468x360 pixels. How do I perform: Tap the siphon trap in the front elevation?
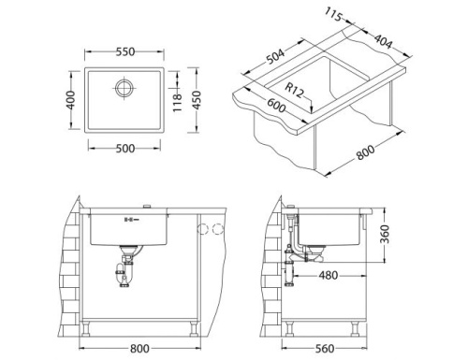coord(122,275)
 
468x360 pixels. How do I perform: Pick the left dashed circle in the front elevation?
coord(202,229)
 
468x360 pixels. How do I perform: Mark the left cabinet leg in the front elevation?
coord(85,327)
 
